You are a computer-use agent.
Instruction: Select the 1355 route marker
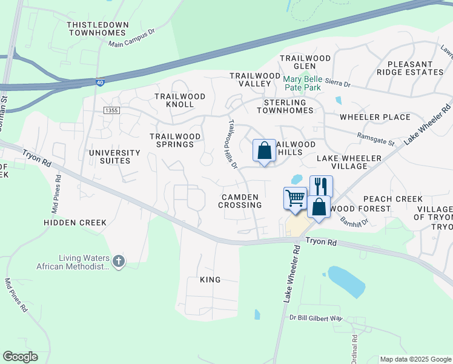point(111,110)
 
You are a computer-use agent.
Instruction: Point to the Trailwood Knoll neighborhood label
point(180,100)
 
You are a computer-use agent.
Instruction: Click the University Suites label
point(110,157)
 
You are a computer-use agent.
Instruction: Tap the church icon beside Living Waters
point(119,261)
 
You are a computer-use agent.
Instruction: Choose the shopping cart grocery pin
point(295,199)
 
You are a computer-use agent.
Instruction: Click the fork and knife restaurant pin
point(321,186)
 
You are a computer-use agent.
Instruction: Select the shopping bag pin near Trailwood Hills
point(265,150)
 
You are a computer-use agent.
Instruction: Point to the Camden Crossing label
point(241,201)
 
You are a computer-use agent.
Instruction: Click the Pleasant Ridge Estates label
point(410,68)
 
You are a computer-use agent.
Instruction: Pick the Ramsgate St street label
point(375,139)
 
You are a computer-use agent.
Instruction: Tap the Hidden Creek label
point(75,223)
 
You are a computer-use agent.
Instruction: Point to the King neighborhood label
point(210,280)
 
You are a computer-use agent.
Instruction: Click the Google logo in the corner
point(20,357)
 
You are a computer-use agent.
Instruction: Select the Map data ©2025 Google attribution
point(415,359)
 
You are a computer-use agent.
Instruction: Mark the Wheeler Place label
point(375,117)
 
